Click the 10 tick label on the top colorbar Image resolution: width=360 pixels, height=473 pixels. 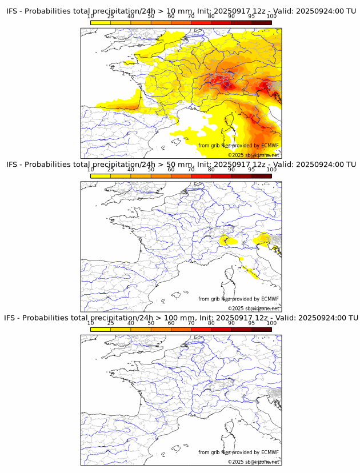pos(91,17)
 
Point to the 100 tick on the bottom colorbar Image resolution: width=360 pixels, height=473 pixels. pos(271,323)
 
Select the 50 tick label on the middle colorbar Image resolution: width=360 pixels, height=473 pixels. pos(151,170)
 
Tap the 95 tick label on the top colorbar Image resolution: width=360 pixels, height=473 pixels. pos(251,17)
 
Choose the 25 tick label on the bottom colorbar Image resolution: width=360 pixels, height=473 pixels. pos(111,323)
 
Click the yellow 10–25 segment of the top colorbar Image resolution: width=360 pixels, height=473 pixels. pos(101,22)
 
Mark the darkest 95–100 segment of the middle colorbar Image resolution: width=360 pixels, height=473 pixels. pos(262,176)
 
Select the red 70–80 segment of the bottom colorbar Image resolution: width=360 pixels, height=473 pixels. pos(201,329)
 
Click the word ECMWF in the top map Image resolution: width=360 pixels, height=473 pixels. pos(270,146)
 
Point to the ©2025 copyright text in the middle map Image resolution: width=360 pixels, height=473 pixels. pos(237,308)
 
